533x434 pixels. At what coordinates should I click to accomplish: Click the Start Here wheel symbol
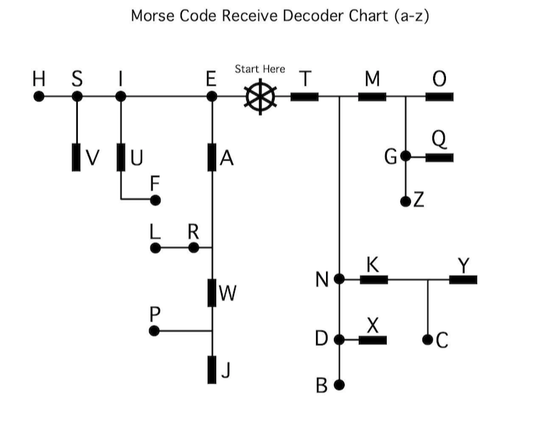(x=260, y=95)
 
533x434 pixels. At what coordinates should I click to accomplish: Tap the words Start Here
(x=260, y=69)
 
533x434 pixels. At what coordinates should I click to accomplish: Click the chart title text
(x=280, y=16)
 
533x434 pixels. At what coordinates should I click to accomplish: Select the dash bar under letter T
(x=305, y=95)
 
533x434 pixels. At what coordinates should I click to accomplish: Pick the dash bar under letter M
(x=372, y=95)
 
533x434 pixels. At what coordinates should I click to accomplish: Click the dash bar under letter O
(x=440, y=95)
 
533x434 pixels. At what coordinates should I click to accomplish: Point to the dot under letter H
(x=39, y=95)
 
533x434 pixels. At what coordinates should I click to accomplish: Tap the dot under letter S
(x=77, y=95)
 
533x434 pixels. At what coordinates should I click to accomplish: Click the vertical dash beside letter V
(x=76, y=157)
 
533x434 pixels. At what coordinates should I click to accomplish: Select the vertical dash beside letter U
(x=121, y=157)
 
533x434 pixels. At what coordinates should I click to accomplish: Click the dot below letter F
(x=155, y=200)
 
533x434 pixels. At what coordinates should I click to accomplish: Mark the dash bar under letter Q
(x=440, y=157)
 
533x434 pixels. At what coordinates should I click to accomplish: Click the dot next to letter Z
(x=406, y=201)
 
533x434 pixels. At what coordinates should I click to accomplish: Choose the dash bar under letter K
(x=374, y=279)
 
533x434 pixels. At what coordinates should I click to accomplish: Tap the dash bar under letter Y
(x=463, y=279)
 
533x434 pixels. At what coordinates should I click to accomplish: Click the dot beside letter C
(x=428, y=339)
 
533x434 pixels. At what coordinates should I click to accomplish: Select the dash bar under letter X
(x=372, y=339)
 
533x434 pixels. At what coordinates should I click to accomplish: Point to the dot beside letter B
(x=340, y=385)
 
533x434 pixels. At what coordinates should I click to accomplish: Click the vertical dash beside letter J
(x=212, y=368)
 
